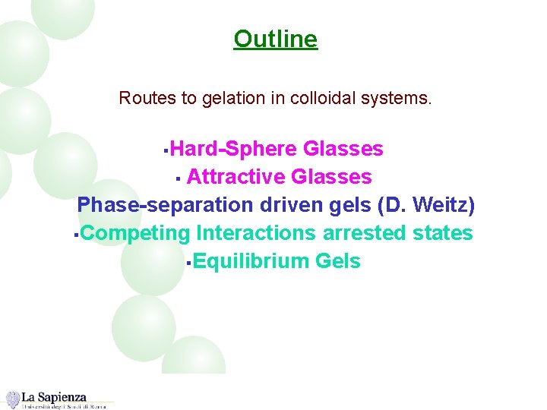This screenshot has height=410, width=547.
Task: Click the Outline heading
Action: click(275, 38)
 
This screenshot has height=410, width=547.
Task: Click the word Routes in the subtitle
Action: click(142, 99)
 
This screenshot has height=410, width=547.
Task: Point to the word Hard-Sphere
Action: click(233, 149)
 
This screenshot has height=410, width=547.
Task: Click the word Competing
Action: click(134, 234)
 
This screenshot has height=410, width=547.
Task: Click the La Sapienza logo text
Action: click(54, 396)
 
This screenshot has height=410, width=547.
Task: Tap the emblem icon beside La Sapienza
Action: click(12, 399)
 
